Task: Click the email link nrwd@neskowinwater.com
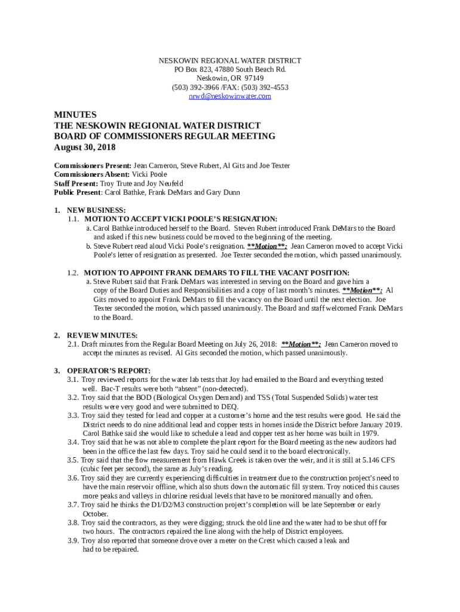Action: tap(230, 96)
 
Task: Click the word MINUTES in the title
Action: tap(75, 115)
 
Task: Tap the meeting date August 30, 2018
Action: tap(85, 148)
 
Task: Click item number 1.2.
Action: tap(73, 273)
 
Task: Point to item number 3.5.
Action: tap(73, 460)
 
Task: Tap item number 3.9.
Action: tap(73, 541)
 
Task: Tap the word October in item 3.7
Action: tap(96, 514)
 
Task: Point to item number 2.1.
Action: tap(73, 344)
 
